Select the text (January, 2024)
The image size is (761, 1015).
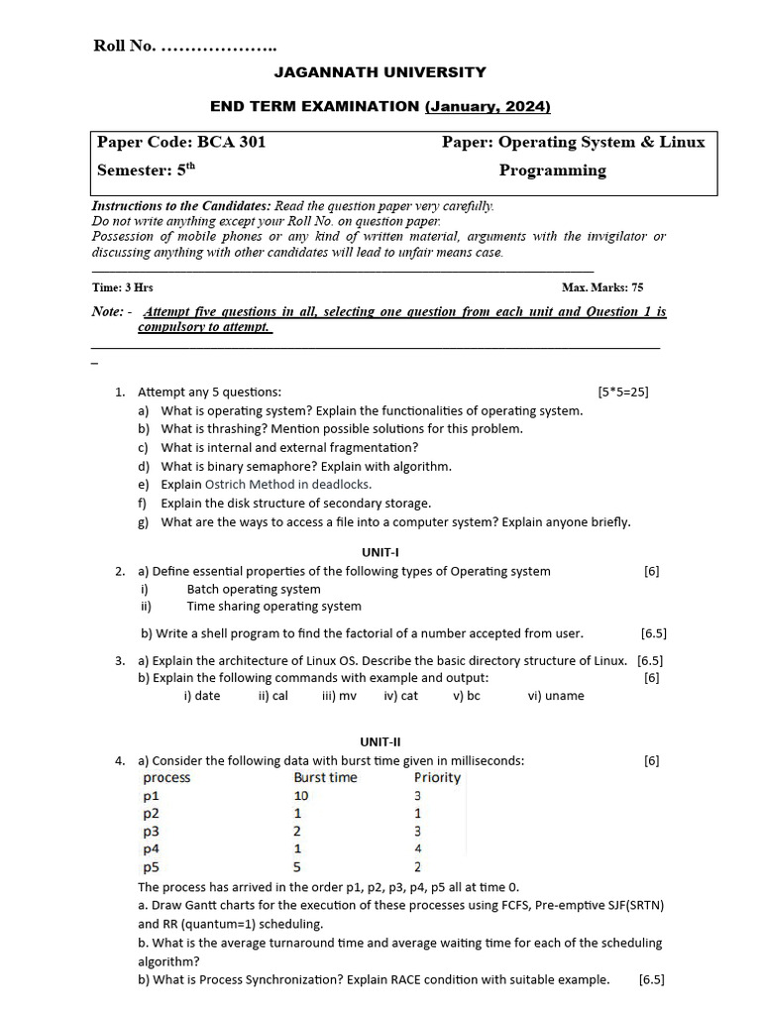488,106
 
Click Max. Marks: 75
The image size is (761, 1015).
602,287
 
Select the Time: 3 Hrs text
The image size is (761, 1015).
123,287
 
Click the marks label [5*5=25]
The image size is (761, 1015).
622,392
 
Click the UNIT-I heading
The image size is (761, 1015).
380,552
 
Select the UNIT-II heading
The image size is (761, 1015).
380,741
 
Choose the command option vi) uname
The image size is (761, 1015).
556,696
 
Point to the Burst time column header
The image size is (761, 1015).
325,778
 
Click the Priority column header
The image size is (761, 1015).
437,778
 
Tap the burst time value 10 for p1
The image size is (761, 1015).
302,796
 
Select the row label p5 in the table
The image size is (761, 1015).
152,866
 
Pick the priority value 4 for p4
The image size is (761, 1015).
418,848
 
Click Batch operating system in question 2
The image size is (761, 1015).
254,589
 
